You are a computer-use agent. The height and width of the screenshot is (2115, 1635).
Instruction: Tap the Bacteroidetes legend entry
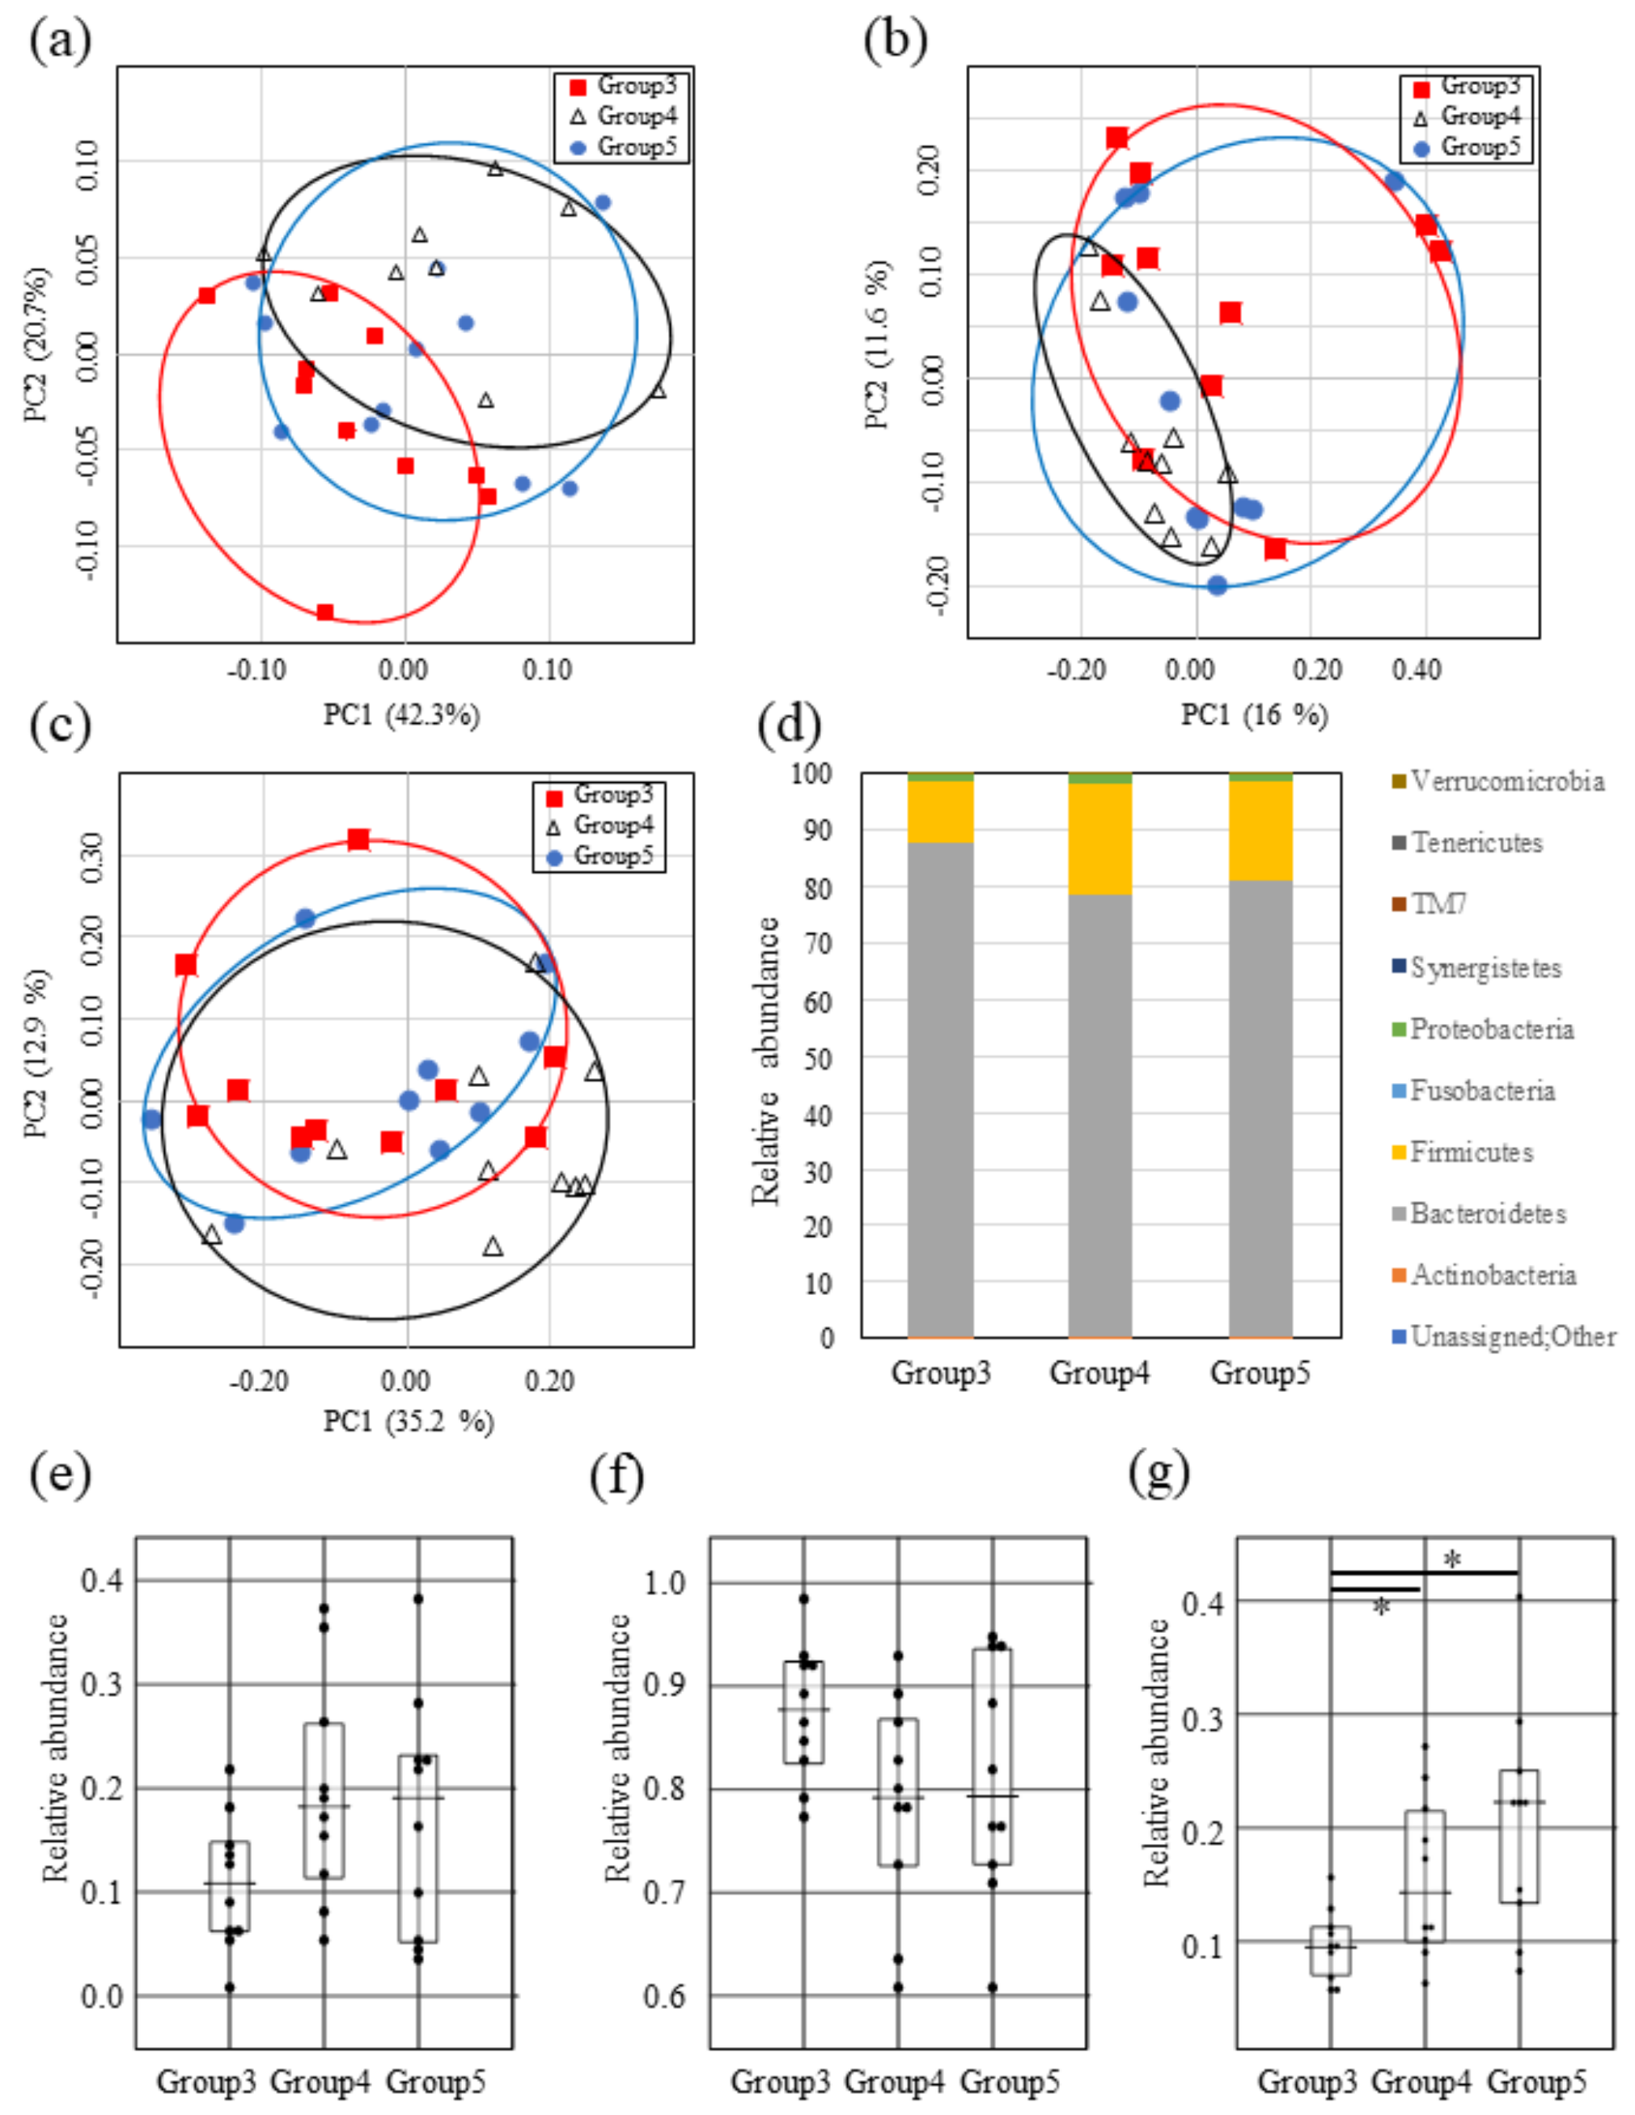[x=1487, y=1213]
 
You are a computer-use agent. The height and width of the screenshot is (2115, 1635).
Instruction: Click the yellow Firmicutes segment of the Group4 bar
[x=1099, y=839]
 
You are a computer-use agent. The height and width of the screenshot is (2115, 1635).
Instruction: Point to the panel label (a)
[x=60, y=40]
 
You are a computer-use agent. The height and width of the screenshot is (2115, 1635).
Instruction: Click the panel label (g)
[x=1159, y=1474]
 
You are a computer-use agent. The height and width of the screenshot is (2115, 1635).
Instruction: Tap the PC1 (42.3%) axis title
[x=401, y=716]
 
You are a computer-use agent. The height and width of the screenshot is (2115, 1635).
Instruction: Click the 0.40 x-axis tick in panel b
[x=1417, y=669]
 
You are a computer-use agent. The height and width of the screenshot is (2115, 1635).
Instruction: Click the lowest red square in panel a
[x=325, y=612]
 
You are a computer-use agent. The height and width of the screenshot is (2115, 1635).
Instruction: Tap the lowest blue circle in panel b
[x=1218, y=585]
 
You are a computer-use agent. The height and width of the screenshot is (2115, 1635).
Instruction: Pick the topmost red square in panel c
[x=358, y=839]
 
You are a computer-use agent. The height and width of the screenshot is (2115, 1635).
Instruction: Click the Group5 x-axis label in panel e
[x=435, y=2080]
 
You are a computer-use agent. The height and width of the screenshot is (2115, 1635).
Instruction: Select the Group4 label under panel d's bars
[x=1099, y=1373]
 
